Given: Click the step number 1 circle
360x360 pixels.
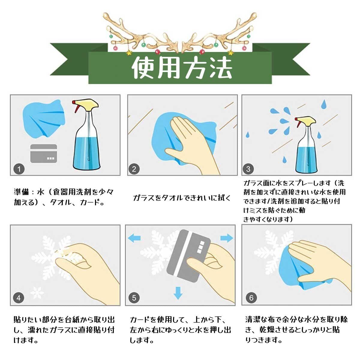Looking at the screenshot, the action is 19,169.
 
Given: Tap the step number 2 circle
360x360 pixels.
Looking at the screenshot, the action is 134,169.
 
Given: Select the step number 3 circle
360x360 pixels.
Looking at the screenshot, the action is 248,169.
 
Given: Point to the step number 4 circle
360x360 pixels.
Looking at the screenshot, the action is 19,298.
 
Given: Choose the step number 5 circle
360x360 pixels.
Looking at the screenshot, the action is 134,298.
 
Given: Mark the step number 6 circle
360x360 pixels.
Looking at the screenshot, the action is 251,298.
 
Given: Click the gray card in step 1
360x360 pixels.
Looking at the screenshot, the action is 43,154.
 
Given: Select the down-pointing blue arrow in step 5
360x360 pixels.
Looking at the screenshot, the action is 178,293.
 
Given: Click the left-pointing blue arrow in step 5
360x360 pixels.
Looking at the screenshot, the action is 134,238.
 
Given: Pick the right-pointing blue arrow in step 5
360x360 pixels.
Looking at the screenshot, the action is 227,238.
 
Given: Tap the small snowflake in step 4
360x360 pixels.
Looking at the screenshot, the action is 37,292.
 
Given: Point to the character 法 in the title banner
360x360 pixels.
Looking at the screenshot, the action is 221,67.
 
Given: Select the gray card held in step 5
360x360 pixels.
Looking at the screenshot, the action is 189,256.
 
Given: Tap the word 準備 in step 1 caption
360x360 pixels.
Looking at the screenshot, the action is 22,192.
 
